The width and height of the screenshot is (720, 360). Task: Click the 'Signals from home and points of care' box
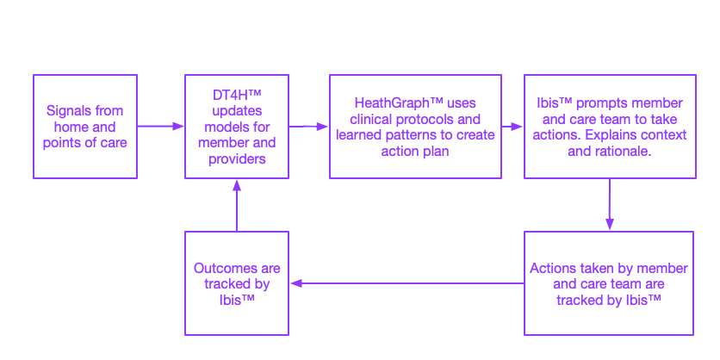click(x=84, y=127)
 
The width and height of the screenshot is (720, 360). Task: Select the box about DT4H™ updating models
click(x=237, y=127)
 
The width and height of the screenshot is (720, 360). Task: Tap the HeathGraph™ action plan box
click(x=415, y=127)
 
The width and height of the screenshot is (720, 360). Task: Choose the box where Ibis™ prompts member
click(x=610, y=127)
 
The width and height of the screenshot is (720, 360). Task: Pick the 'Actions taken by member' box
click(x=609, y=283)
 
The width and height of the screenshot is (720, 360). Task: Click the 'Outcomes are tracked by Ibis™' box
click(x=237, y=283)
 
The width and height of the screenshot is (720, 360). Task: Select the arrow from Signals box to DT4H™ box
click(x=161, y=127)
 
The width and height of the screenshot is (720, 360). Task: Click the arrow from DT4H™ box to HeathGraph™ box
click(x=308, y=127)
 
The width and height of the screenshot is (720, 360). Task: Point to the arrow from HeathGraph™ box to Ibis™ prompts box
click(x=512, y=127)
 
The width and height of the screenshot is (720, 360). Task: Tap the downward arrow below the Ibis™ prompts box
click(x=610, y=204)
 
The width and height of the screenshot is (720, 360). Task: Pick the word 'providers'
click(x=237, y=158)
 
